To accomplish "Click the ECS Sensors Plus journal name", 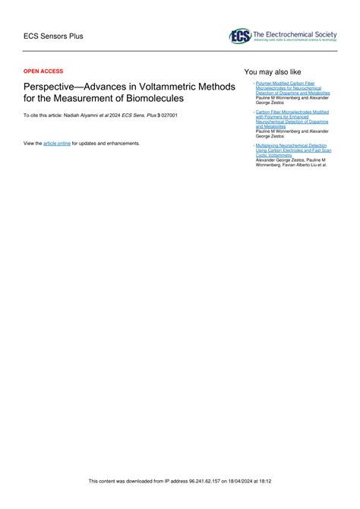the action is (x=53, y=36).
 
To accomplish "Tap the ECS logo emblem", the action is (x=240, y=36).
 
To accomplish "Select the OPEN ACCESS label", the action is (x=44, y=71).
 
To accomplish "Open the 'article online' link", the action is (x=57, y=143).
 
